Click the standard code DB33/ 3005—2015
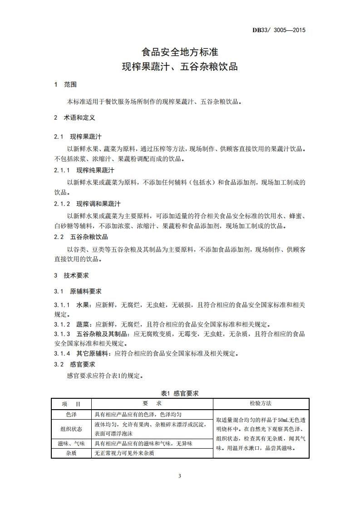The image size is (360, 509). click(279, 30)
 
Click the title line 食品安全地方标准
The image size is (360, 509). click(180, 52)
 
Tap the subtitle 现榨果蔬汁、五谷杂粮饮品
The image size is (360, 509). click(180, 67)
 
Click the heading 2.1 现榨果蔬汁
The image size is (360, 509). click(78, 137)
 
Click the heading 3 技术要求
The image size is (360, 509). click(71, 275)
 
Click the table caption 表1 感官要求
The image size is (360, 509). click(180, 393)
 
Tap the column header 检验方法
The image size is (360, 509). click(261, 403)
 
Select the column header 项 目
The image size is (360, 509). click(71, 404)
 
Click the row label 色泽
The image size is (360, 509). click(71, 414)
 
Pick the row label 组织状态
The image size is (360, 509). click(71, 429)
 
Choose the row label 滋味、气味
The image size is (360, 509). click(71, 443)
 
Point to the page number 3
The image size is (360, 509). click(180, 476)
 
